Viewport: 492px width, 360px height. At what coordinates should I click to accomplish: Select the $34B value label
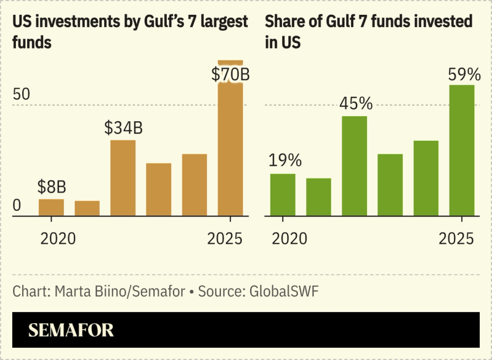(x=123, y=128)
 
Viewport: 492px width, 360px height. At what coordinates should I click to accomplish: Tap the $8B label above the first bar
(x=52, y=186)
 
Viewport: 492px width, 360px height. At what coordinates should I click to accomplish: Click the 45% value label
(x=355, y=103)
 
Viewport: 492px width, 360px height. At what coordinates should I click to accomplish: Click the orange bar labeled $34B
(x=123, y=178)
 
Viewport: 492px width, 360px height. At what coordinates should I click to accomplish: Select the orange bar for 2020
(x=52, y=207)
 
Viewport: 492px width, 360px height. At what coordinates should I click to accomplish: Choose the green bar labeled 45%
(x=355, y=166)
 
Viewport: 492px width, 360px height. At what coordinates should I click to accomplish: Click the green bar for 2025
(x=462, y=150)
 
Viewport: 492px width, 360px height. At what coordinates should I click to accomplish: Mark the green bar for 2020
(x=283, y=194)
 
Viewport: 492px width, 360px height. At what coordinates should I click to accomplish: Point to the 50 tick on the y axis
(x=22, y=95)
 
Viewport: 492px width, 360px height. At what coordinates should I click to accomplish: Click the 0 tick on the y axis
(x=17, y=206)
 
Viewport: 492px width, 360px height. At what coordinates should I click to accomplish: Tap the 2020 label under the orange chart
(x=58, y=238)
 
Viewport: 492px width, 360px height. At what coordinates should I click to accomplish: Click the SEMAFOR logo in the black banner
(x=71, y=330)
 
